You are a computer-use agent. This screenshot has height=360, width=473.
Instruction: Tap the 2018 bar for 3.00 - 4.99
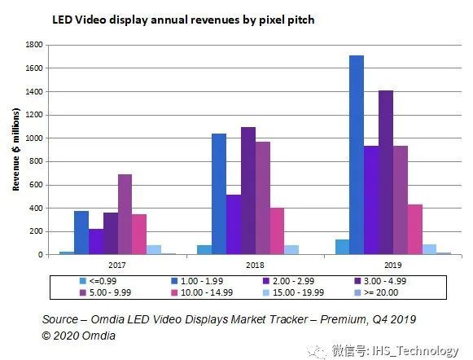(248, 191)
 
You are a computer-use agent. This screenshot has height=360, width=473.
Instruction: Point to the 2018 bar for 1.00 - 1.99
(219, 194)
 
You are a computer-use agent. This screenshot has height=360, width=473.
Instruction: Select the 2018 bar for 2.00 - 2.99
(234, 224)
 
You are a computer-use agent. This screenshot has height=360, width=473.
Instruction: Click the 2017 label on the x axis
(118, 265)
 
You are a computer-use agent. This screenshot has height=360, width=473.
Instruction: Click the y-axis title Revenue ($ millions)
(15, 151)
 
